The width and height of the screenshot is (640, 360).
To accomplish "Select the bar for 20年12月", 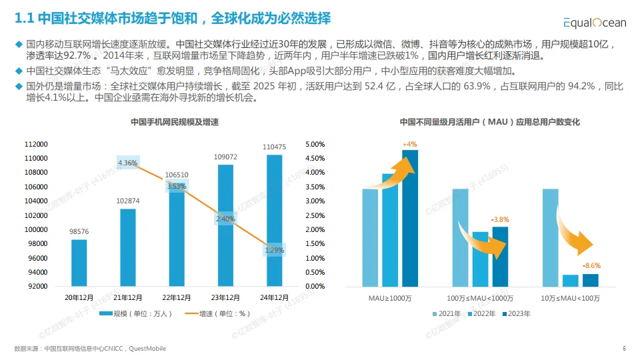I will (79, 263).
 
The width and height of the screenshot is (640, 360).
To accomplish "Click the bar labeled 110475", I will (274, 220).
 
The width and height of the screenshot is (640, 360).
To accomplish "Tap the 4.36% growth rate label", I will (127, 163).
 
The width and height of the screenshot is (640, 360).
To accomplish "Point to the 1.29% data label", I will (274, 250).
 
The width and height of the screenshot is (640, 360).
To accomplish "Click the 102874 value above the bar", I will (127, 201).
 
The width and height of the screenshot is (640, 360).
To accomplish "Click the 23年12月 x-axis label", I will (225, 297).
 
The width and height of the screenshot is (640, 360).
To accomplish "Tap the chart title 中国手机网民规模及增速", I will (175, 122).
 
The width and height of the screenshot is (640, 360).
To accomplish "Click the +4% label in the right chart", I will (409, 144).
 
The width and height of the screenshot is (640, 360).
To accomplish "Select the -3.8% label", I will (499, 219).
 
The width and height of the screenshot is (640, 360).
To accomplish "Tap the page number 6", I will (624, 349).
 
